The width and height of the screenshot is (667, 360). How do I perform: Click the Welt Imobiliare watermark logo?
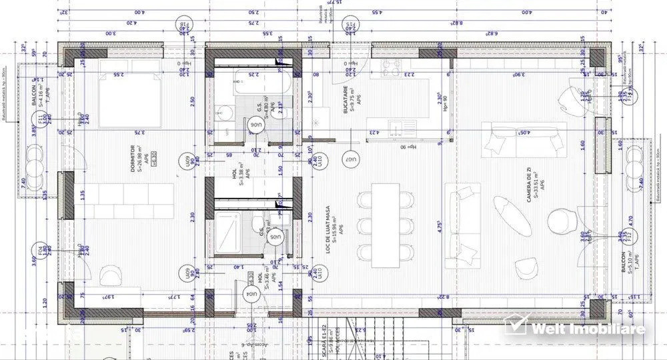pyautogui.click(x=575, y=327)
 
